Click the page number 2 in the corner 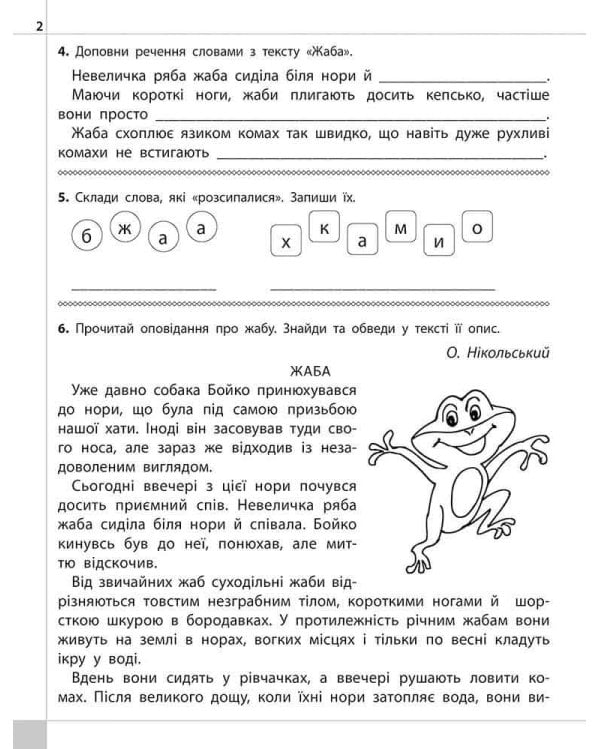(x=39, y=27)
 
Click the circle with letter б (x=88, y=237)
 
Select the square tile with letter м (x=400, y=229)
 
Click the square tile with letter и (x=438, y=243)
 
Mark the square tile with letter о (x=476, y=229)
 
